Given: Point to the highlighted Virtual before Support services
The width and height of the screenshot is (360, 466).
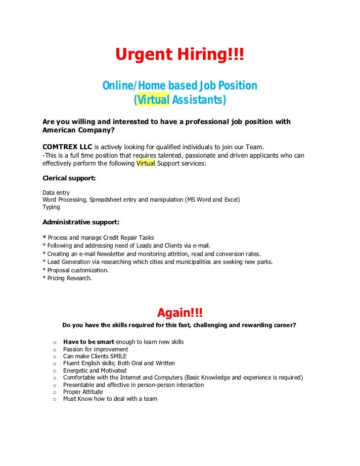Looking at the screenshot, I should tap(145, 164).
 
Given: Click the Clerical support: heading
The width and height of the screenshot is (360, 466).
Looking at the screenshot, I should tap(69, 178).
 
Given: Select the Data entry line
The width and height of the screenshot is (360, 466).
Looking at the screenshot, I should tap(56, 192).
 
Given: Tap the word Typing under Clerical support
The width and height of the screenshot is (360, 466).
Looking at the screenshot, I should tap(51, 207).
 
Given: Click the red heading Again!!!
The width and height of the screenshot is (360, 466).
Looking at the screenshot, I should tap(180, 313).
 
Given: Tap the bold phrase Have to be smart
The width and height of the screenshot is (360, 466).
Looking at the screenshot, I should tap(89, 342).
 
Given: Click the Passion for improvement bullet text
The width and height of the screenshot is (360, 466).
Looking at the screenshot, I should tap(95, 349).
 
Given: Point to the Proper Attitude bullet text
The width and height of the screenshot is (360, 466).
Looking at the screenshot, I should tap(83, 392).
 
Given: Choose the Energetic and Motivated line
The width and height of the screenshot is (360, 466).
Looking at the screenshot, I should tap(94, 371).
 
